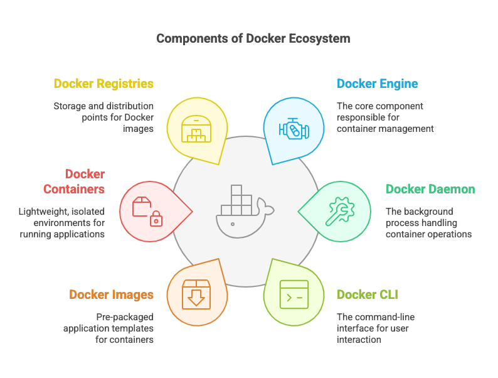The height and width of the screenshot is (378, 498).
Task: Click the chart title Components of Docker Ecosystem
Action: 253,38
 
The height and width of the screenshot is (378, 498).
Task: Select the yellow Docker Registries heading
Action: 103,84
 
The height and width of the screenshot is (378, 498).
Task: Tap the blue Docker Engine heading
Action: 377,84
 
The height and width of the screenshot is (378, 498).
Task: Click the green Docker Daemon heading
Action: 430,189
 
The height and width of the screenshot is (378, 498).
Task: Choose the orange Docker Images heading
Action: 111,294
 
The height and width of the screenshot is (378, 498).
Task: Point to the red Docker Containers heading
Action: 74,181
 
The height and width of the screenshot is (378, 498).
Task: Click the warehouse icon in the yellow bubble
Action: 196,129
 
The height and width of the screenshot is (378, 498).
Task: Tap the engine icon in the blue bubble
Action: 294,129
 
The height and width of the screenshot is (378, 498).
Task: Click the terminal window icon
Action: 294,294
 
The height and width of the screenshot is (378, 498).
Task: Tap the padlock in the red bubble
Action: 156,219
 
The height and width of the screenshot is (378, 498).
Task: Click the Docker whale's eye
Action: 233,224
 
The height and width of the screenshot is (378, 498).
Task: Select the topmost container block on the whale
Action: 236,190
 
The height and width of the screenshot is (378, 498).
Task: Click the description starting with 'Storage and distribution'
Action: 103,117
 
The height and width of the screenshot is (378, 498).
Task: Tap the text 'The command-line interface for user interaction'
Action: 376,328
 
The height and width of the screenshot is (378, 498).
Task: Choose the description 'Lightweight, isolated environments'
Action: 61,223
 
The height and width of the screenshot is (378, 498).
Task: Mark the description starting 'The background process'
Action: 428,223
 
